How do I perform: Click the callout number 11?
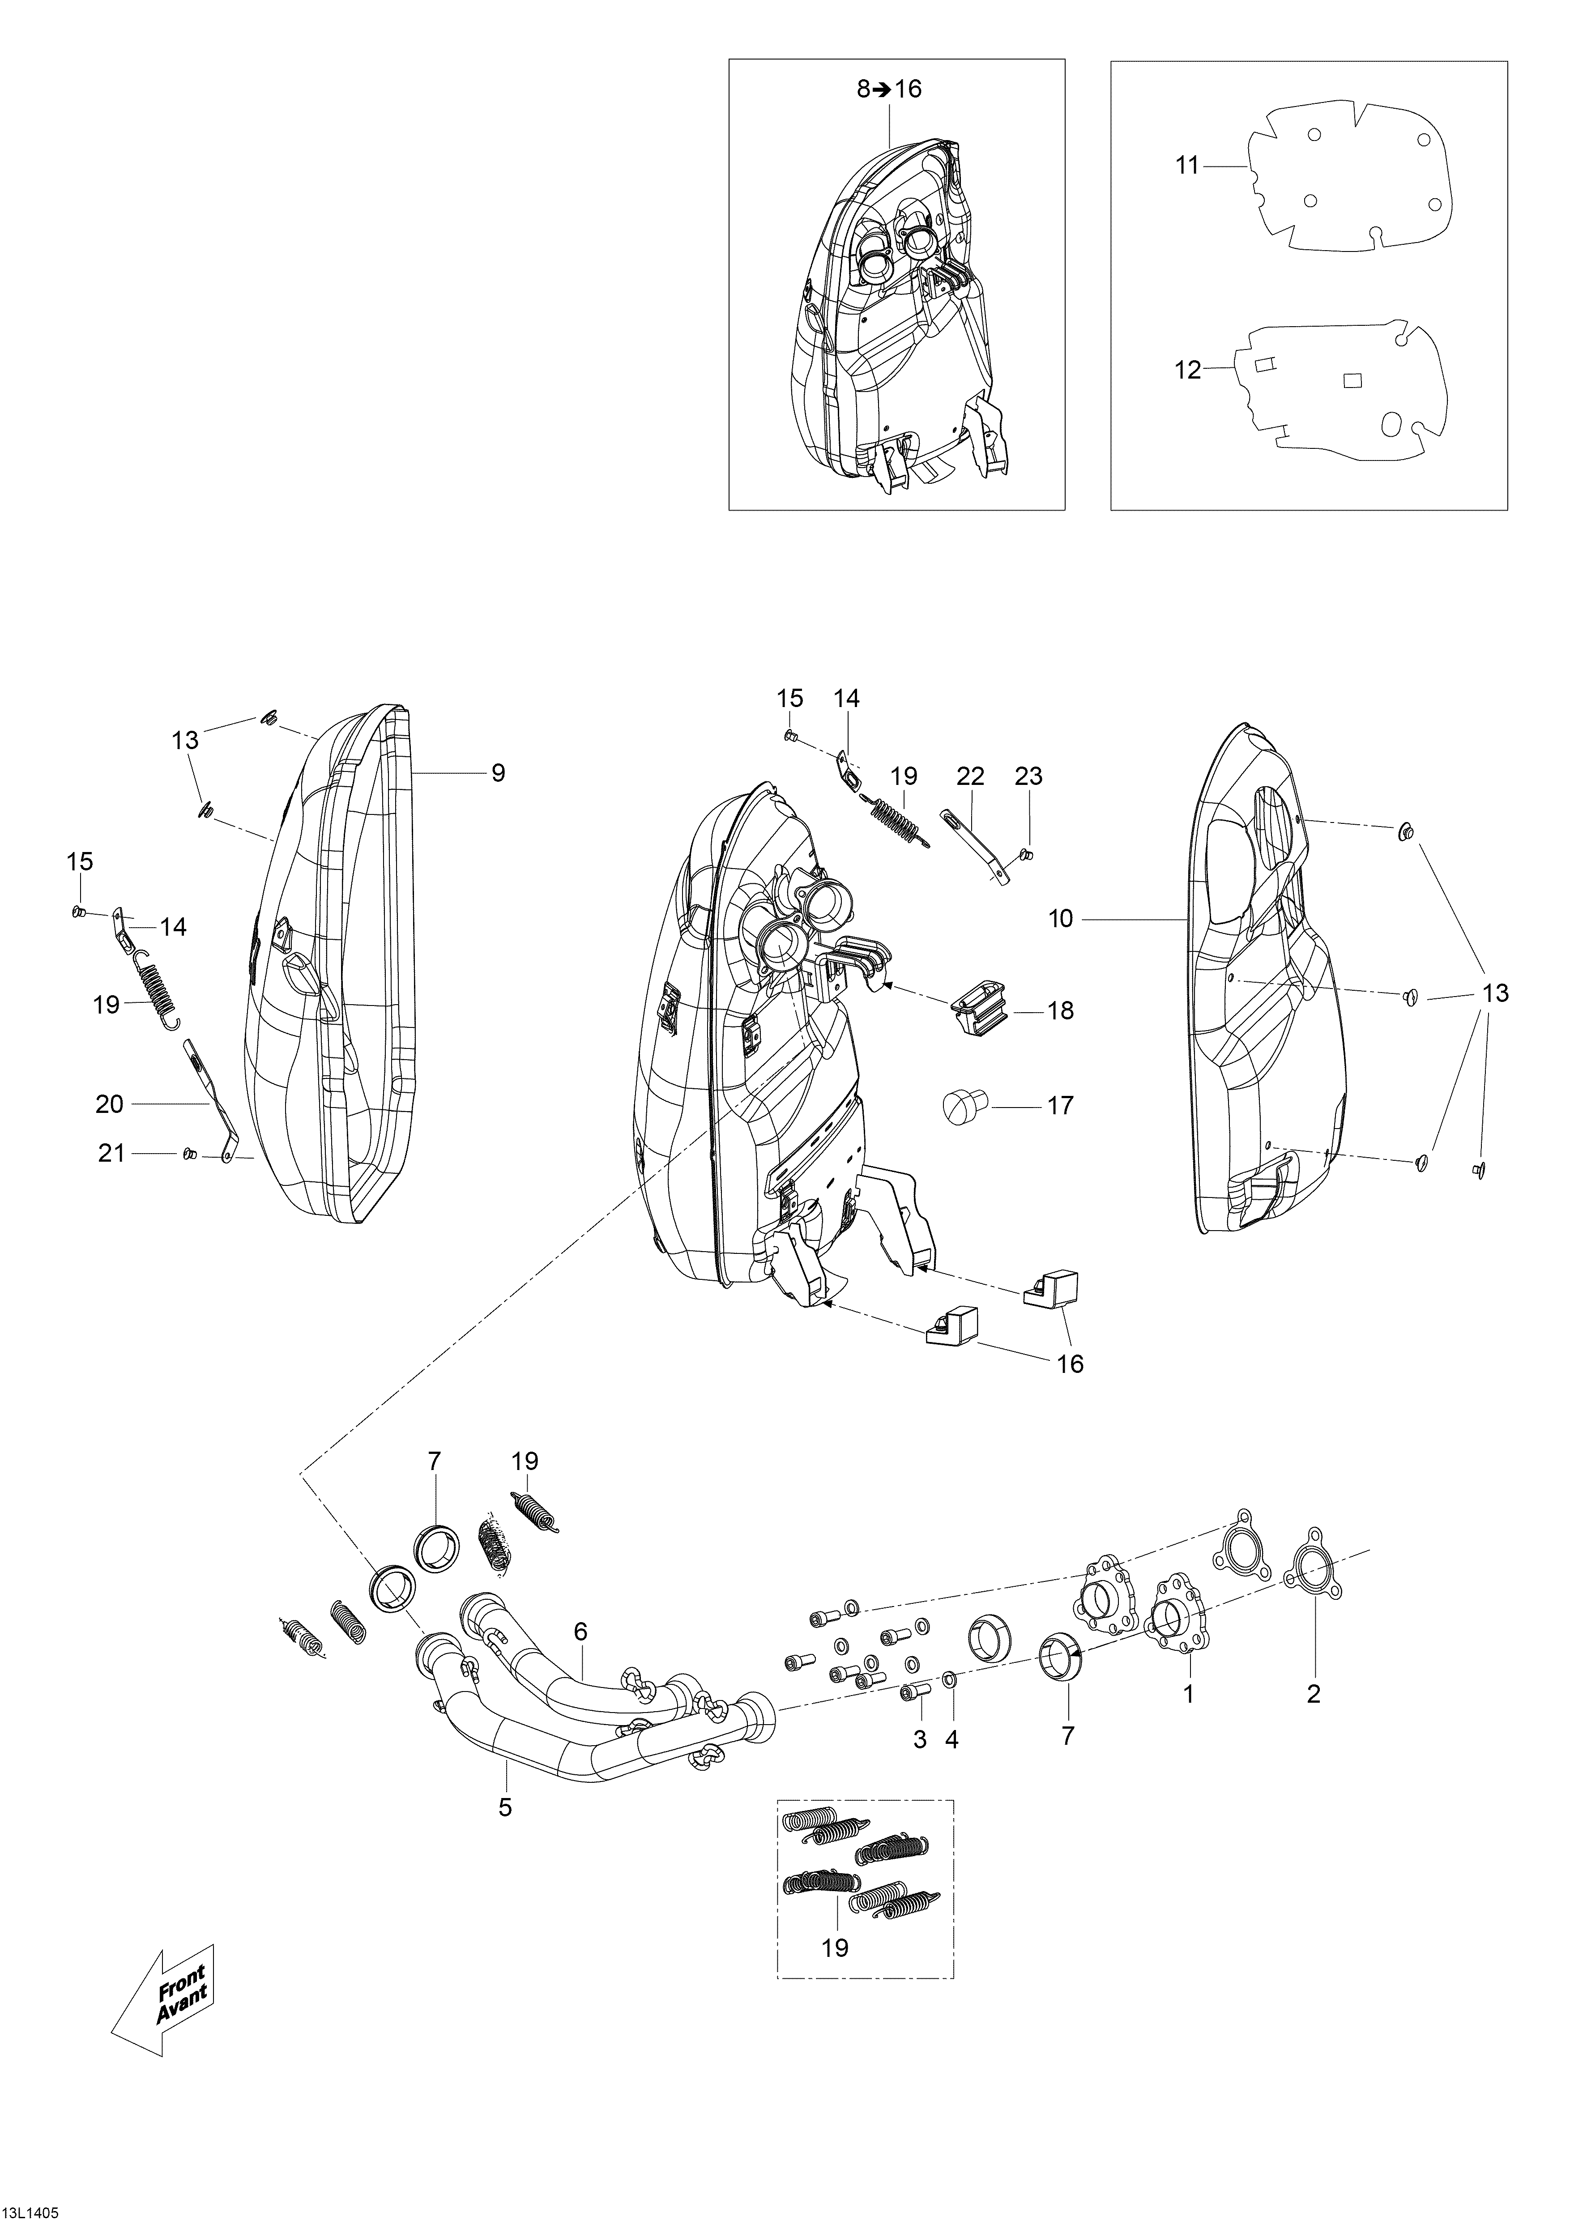tap(1187, 166)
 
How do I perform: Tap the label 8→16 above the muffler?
tap(889, 89)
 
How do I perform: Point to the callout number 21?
tap(112, 1154)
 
